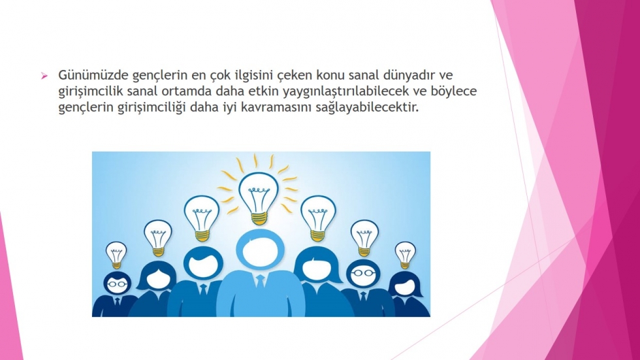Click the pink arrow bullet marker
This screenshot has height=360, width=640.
[44, 76]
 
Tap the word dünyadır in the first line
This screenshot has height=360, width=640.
[410, 75]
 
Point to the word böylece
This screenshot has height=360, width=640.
[454, 91]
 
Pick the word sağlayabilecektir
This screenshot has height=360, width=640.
[368, 108]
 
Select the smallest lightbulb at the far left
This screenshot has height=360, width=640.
[116, 255]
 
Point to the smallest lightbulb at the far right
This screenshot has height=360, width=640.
[405, 255]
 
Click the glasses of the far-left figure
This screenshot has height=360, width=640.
[117, 284]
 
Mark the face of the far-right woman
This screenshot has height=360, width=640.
[405, 287]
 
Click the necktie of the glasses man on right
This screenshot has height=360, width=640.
[363, 297]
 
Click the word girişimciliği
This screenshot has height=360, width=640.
[152, 108]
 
